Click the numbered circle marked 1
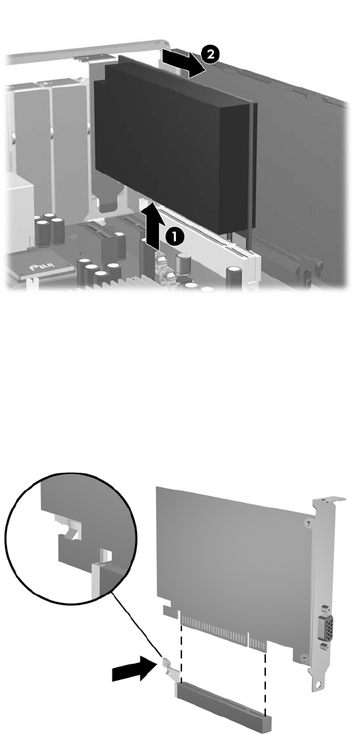(175, 237)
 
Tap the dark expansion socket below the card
(224, 705)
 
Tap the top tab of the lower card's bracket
(329, 500)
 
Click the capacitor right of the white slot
(235, 278)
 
